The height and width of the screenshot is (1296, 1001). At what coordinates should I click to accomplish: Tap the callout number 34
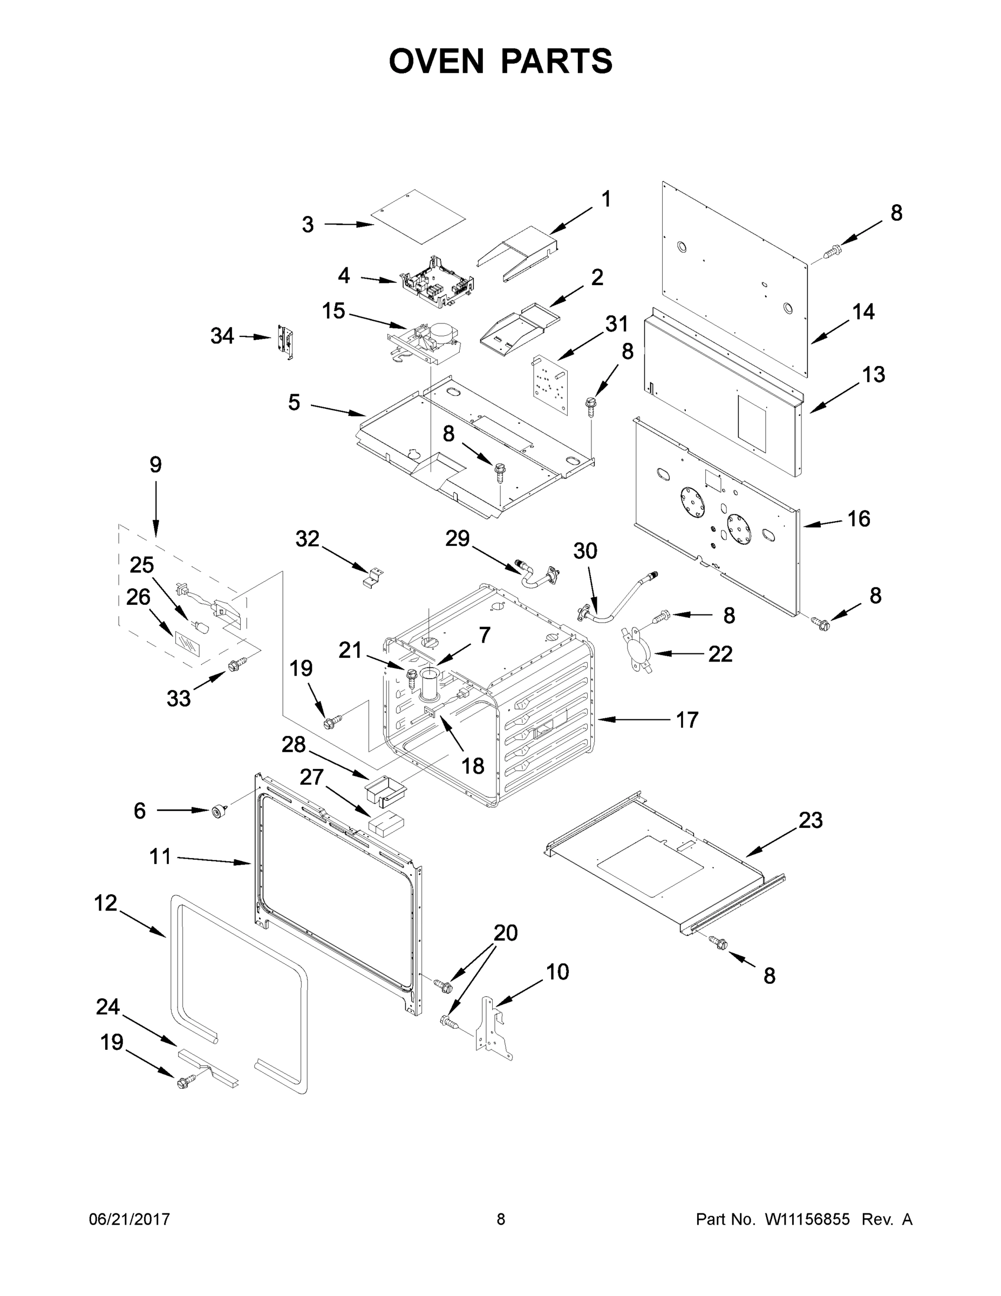pos(222,336)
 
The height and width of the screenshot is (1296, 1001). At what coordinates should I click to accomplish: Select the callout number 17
pos(687,720)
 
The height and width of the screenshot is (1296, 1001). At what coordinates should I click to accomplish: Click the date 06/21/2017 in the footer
pos(130,1219)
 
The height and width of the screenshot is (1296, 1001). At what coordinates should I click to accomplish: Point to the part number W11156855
pos(807,1219)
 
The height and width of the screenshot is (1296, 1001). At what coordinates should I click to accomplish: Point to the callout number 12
pos(106,903)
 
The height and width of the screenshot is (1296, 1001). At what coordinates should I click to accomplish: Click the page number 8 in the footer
pos(501,1219)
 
